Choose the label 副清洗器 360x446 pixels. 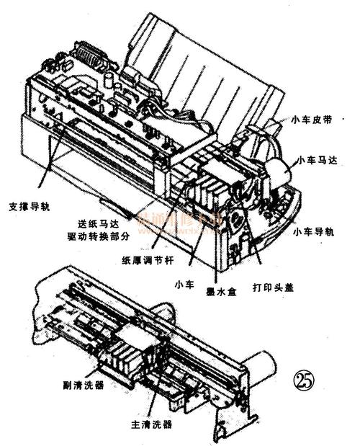point(85,385)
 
